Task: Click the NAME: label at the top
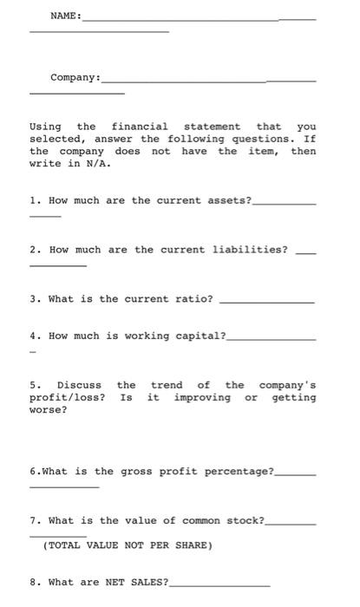click(65, 16)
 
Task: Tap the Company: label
click(75, 78)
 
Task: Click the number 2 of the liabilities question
click(33, 250)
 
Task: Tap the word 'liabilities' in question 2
click(247, 250)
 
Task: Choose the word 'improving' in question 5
click(202, 397)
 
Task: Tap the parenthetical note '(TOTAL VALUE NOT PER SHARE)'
click(128, 545)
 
